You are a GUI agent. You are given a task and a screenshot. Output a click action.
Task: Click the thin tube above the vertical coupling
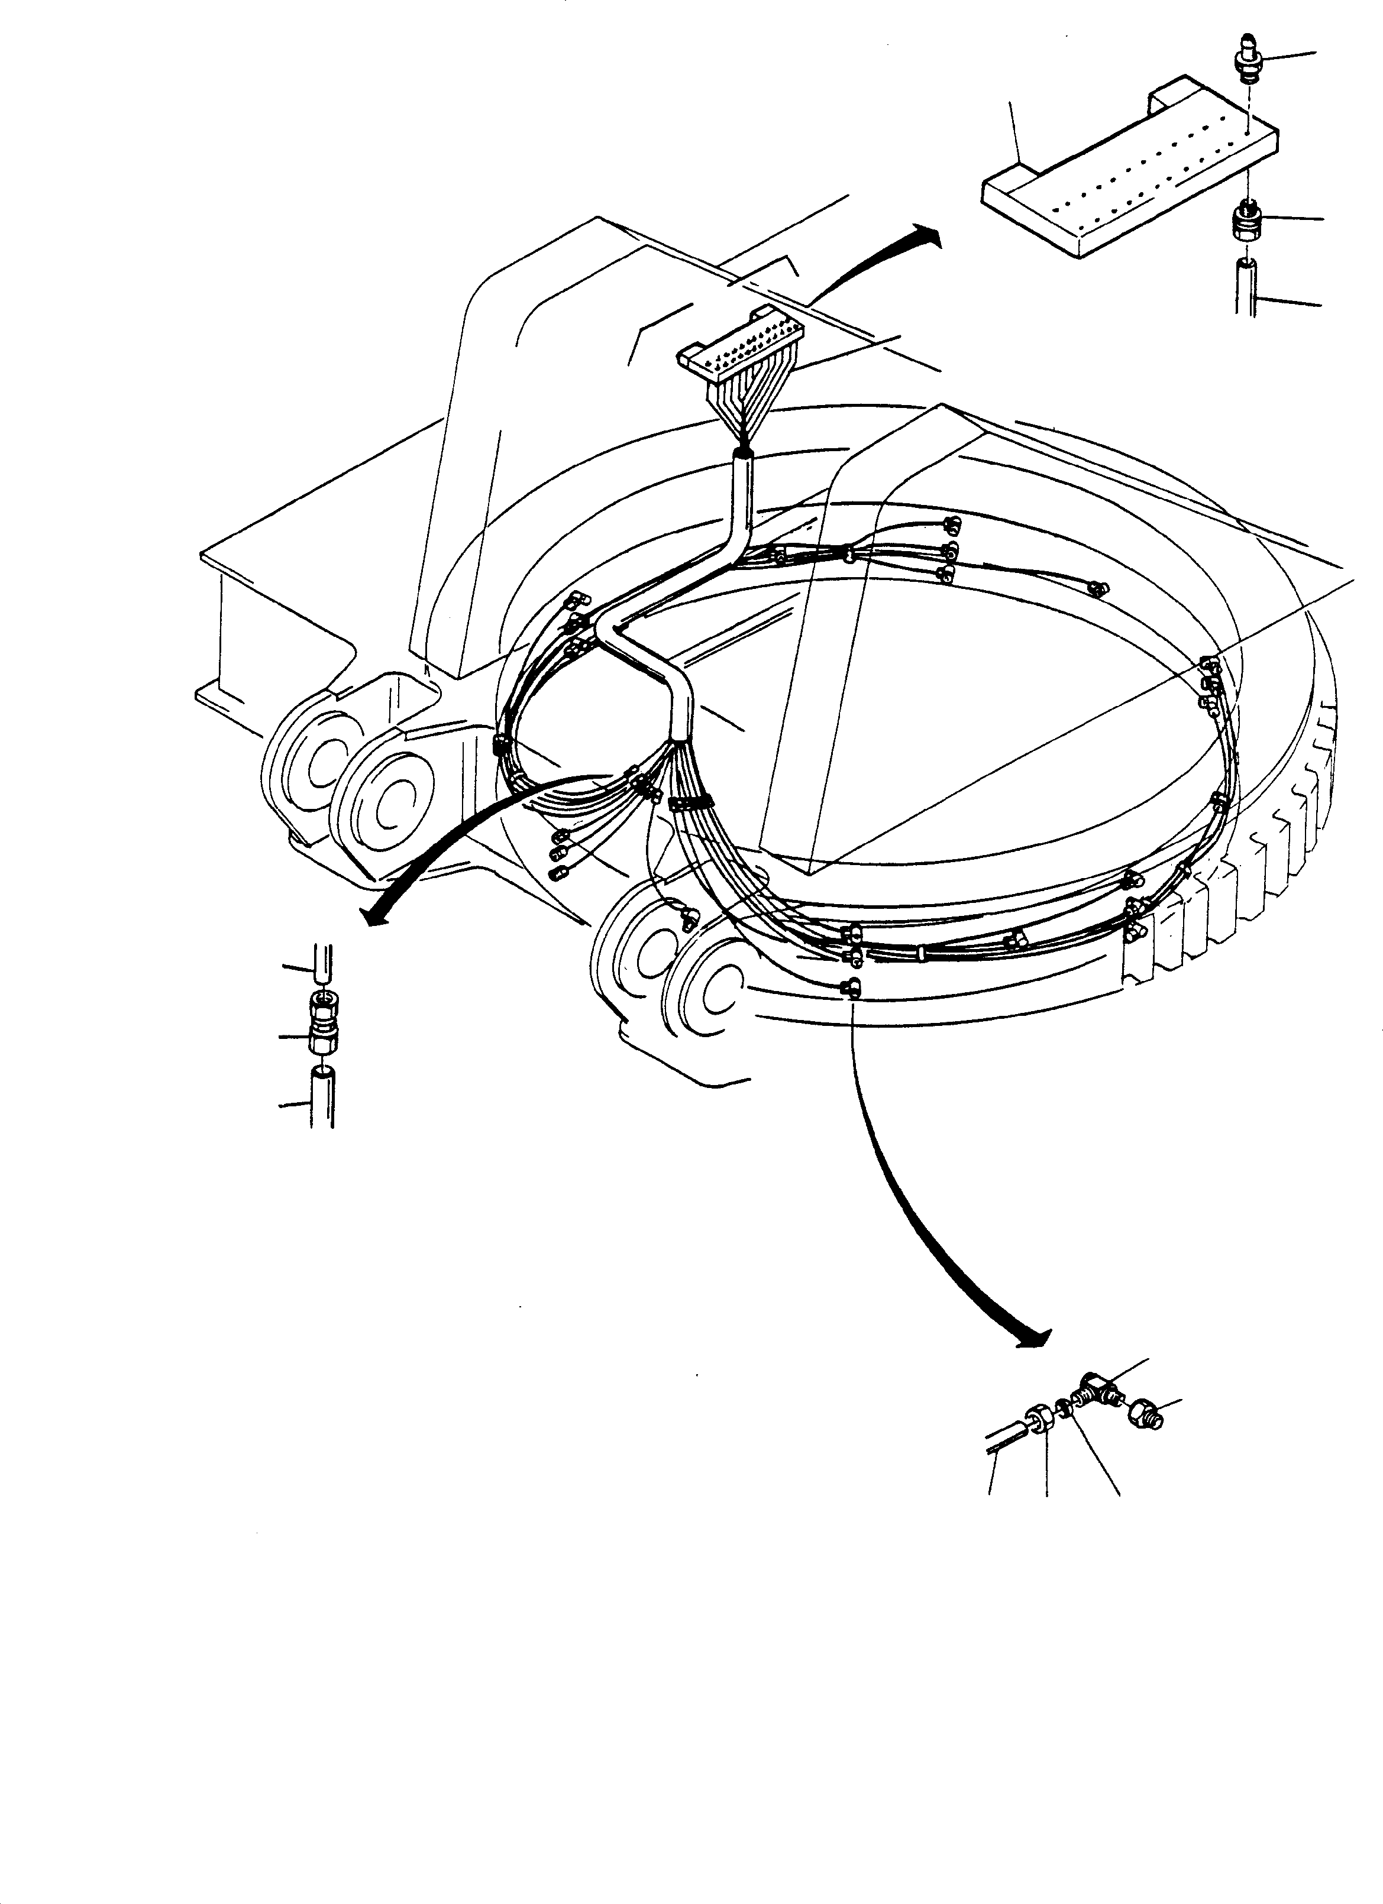pyautogui.click(x=322, y=966)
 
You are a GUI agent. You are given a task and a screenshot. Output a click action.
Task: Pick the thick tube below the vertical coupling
pyautogui.click(x=324, y=1096)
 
